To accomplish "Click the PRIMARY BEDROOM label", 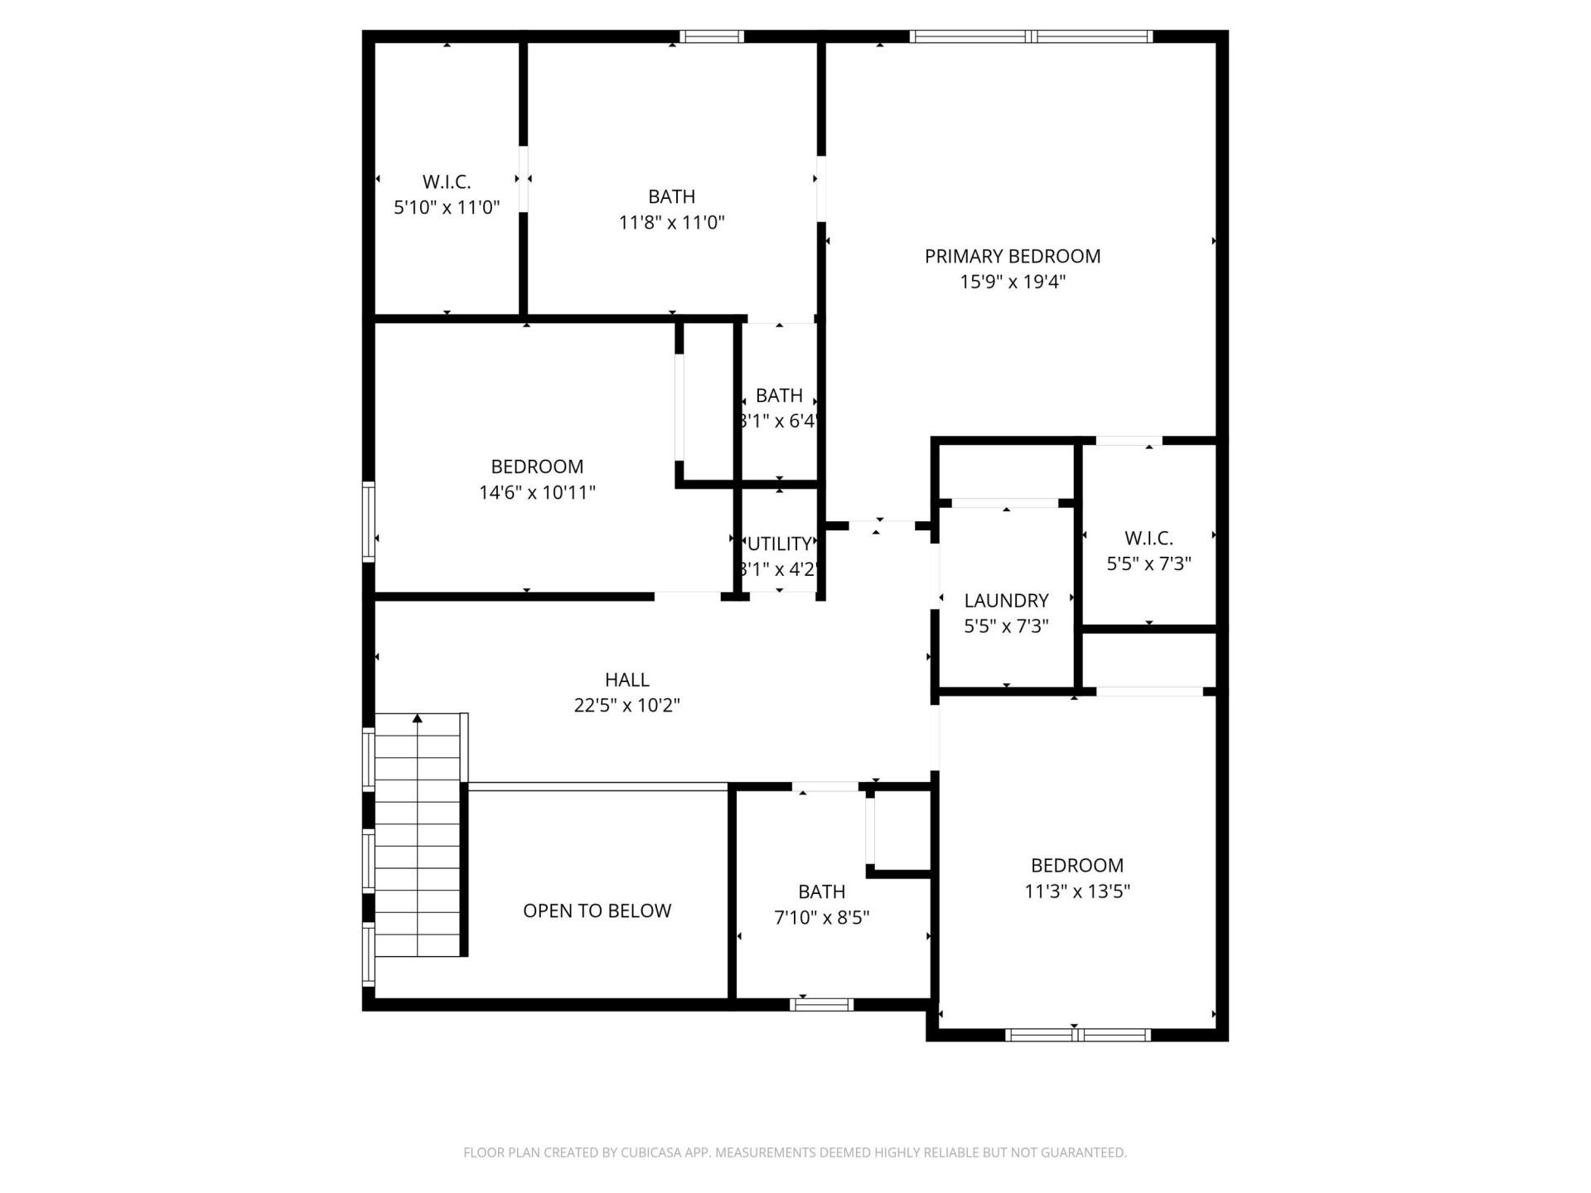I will click(1012, 256).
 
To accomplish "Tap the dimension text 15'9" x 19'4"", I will click(1012, 282).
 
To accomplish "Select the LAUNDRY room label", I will click(1006, 600).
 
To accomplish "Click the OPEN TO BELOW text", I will click(597, 910).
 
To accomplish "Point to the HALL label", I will click(626, 679).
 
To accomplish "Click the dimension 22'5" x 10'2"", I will click(626, 705).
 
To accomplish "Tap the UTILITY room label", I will click(779, 544).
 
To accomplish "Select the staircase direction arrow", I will click(418, 719).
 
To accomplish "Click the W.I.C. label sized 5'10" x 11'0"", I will click(447, 181).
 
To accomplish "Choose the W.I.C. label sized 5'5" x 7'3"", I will click(1149, 539).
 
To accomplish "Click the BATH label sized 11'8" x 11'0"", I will click(671, 196).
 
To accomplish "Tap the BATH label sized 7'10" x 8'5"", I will click(821, 891).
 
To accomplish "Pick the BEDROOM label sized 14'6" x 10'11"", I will click(537, 466).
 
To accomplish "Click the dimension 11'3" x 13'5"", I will click(1077, 891).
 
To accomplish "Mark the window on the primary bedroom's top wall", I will click(1031, 36).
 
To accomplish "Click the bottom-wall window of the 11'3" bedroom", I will click(1077, 1034).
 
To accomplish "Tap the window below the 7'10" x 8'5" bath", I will click(821, 1004).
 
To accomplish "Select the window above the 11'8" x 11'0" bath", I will click(712, 36).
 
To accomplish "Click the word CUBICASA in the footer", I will click(652, 1152).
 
